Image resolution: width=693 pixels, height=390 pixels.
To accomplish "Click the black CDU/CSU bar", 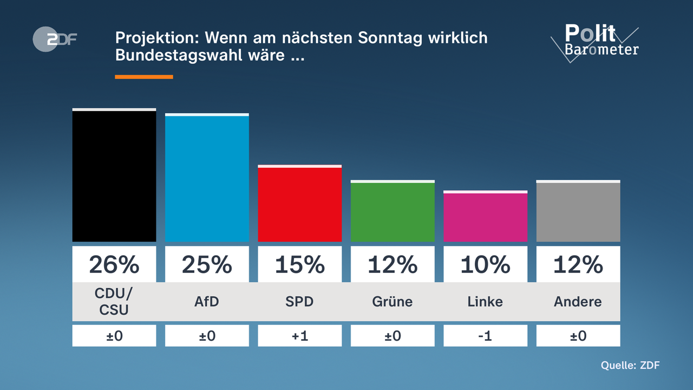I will (x=114, y=176).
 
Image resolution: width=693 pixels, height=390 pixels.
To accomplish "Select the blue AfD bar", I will (x=207, y=178).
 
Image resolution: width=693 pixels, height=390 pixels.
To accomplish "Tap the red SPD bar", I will (x=299, y=204).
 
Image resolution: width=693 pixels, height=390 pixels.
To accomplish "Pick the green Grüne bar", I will (x=393, y=212).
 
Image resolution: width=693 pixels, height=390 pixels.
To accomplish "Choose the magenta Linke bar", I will (x=485, y=217).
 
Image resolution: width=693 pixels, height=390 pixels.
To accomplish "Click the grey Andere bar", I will (x=578, y=212).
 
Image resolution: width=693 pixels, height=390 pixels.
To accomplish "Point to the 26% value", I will (x=114, y=264).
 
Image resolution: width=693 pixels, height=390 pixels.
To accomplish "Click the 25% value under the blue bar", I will (x=207, y=264).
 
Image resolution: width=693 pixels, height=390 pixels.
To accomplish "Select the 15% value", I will (x=299, y=264).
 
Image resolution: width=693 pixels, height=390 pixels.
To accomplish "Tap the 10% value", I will (x=485, y=264).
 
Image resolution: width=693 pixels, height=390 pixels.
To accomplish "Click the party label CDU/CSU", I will (x=114, y=302).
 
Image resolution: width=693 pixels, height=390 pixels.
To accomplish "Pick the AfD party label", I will (x=207, y=302).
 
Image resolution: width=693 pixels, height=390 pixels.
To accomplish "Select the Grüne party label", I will (x=393, y=302).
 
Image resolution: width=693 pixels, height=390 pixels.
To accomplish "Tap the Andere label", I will (x=578, y=302).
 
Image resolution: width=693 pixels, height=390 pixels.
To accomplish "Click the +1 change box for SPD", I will (x=299, y=336).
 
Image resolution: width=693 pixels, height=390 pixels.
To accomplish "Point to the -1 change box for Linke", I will (x=485, y=336).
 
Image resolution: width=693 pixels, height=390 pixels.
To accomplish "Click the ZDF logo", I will (x=54, y=40).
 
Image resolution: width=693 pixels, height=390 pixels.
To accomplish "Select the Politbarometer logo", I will (x=596, y=42).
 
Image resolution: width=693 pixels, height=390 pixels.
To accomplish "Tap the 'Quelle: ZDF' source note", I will (x=630, y=365).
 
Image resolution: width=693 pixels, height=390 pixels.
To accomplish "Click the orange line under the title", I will (x=144, y=77).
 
